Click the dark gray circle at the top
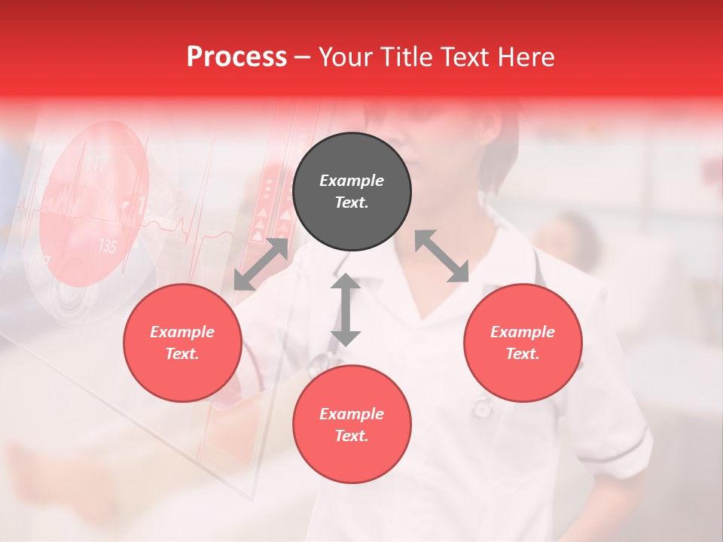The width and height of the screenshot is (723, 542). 352,192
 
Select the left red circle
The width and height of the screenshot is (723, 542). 182,343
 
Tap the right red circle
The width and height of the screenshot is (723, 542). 523,343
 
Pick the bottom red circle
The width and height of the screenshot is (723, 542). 352,425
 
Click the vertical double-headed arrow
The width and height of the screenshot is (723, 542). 346,309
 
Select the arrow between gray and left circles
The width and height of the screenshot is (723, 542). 261,264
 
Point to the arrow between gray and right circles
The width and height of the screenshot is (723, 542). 442,256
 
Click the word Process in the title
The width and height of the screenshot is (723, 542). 236,56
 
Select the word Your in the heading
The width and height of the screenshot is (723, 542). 346,56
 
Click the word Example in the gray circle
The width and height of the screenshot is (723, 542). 352,181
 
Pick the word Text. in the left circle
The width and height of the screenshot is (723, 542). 182,354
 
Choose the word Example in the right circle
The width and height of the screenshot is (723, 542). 523,332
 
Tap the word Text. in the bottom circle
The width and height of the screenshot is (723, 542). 352,436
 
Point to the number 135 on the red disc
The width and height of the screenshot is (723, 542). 107,246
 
